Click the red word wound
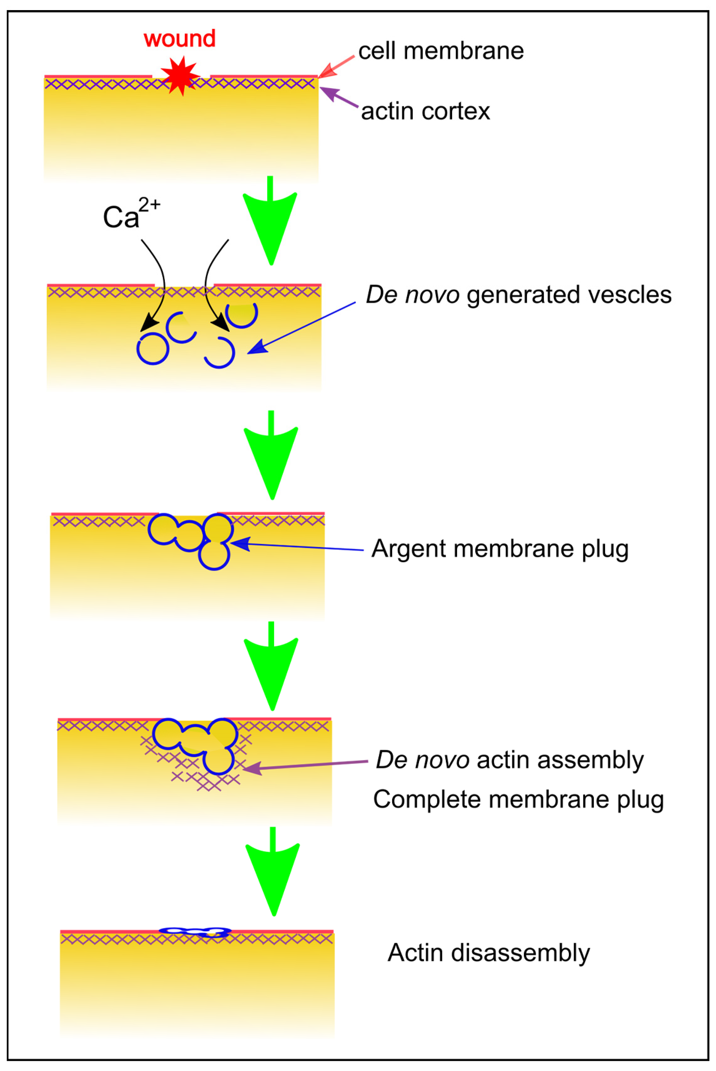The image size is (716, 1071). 180,39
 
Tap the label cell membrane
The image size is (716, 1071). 441,51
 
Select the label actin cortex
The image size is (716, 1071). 425,112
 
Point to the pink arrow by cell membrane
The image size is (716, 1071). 336,67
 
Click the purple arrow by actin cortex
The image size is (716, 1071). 338,97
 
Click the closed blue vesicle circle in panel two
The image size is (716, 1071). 153,349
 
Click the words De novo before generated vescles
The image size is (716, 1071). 412,295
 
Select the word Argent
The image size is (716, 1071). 408,548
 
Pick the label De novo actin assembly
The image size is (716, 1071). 509,760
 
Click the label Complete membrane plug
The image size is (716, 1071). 518,800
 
